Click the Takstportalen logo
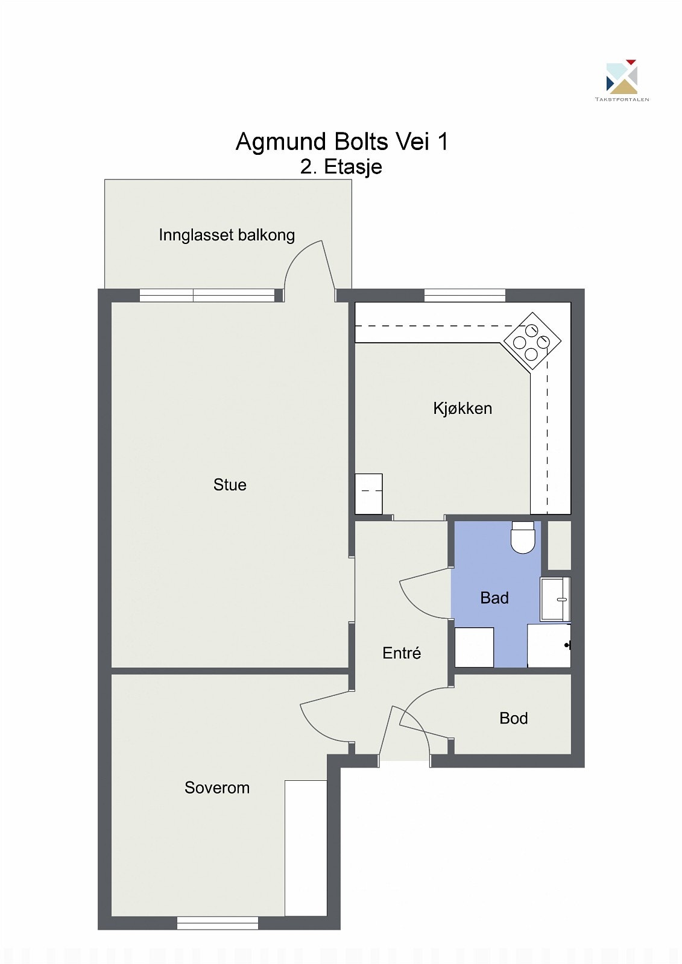(622, 80)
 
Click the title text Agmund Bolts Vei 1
(341, 142)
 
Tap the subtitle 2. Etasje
(341, 167)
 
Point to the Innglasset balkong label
(227, 235)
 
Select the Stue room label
(230, 485)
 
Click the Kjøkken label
(463, 408)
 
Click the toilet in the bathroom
(523, 537)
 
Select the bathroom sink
(555, 599)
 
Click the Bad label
(494, 598)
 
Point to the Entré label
(402, 653)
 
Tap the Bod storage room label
(514, 718)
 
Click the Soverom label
(217, 788)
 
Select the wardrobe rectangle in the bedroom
(306, 848)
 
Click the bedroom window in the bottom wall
(218, 923)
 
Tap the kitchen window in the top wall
(464, 295)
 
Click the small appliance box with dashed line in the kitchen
(368, 493)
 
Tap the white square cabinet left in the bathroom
(474, 647)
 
